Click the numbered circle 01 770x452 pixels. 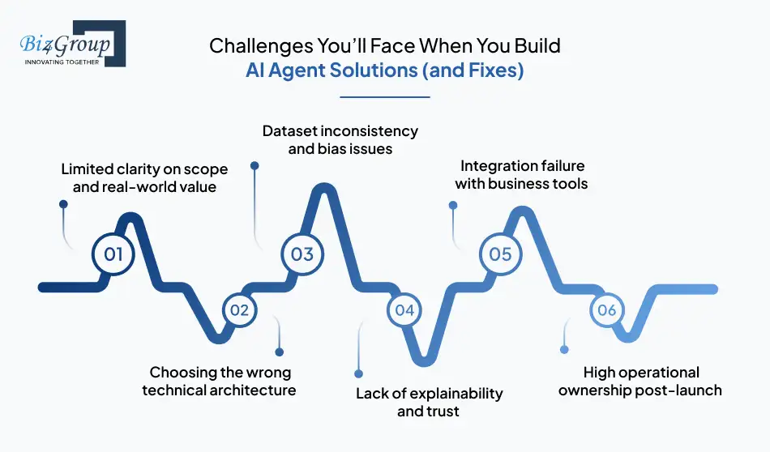113,254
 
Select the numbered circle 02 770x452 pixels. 239,309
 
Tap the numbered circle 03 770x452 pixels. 302,254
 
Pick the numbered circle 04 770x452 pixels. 404,310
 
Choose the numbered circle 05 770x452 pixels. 500,254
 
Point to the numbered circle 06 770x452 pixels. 606,310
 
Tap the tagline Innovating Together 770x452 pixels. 62,61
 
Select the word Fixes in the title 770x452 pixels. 490,70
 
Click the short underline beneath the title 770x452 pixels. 384,97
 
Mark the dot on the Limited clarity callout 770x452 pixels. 63,206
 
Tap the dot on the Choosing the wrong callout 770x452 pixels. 280,352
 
